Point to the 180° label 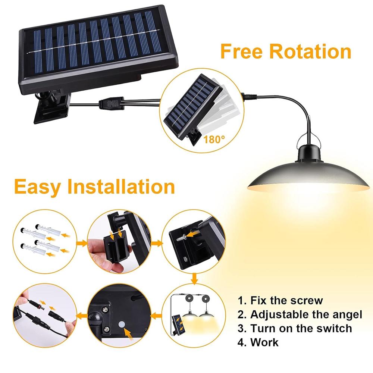pos(215,140)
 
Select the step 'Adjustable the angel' pos(306,314)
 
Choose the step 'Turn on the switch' pos(301,328)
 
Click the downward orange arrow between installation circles pos(194,278)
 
